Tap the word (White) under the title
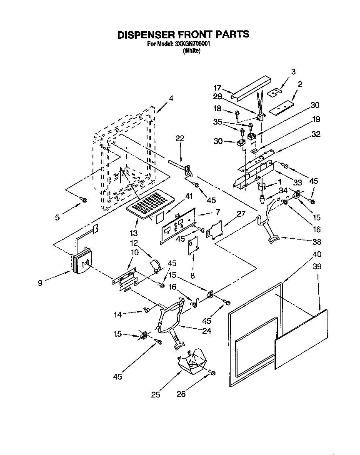192,51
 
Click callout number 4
171,99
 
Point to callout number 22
180,139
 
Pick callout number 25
155,394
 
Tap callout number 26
181,394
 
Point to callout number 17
217,88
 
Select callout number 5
58,217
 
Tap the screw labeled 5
83,201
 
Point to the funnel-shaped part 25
192,361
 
